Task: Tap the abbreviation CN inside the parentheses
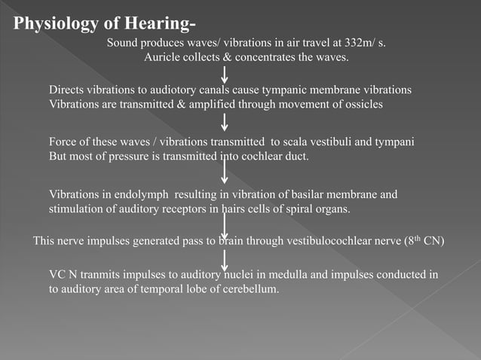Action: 434,242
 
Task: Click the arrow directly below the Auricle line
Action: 225,74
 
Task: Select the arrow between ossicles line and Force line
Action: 225,122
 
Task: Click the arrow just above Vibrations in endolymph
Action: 225,170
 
